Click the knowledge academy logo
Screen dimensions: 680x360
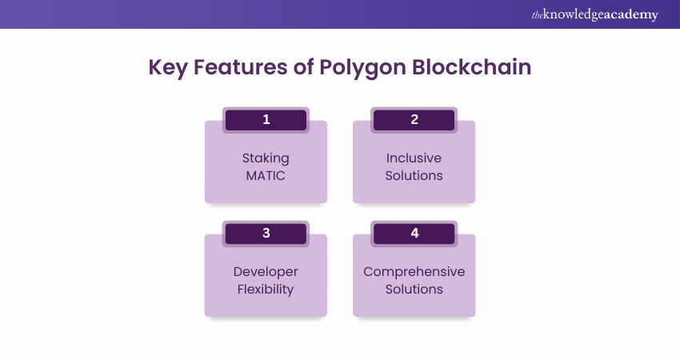(x=594, y=14)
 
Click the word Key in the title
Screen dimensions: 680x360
(x=168, y=68)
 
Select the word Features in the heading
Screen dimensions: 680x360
(x=240, y=66)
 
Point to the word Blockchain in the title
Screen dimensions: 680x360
(x=471, y=66)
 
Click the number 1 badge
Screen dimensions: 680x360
(x=266, y=120)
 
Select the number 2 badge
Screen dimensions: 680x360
(x=414, y=120)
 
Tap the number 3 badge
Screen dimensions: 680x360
(x=266, y=234)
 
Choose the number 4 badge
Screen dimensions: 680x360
(x=414, y=234)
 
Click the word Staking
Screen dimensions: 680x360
(x=266, y=158)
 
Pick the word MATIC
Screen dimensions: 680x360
(x=266, y=176)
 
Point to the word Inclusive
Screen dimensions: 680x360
(x=414, y=158)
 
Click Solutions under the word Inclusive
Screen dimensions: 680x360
(x=414, y=176)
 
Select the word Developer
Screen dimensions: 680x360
(x=266, y=272)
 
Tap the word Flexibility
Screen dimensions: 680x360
(x=266, y=290)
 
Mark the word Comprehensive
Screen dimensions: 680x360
(x=414, y=272)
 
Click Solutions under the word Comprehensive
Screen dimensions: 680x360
(x=414, y=290)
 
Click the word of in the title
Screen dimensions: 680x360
(x=303, y=66)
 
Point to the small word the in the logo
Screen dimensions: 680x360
(x=538, y=16)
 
